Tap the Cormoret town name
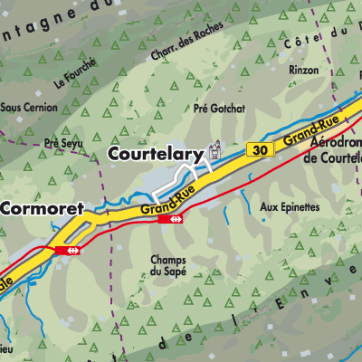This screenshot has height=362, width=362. pyautogui.click(x=42, y=208)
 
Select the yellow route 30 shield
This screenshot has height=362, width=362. pyautogui.click(x=262, y=148)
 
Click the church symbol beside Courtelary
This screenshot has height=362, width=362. pyautogui.click(x=215, y=148)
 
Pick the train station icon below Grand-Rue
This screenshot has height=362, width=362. pyautogui.click(x=170, y=218)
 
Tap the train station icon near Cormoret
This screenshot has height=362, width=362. pyautogui.click(x=67, y=249)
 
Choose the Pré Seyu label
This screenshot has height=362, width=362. pyautogui.click(x=63, y=142)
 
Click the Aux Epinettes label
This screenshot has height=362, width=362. pyautogui.click(x=290, y=206)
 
